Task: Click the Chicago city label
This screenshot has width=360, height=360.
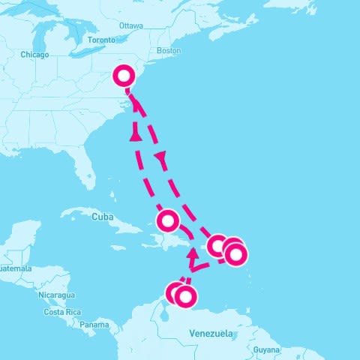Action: tap(34, 55)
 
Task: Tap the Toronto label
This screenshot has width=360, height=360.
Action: tap(101, 39)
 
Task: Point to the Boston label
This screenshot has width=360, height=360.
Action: tap(169, 51)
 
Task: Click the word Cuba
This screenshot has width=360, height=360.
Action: tap(101, 217)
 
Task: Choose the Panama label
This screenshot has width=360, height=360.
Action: tap(94, 325)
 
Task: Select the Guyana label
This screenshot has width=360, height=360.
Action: tap(266, 349)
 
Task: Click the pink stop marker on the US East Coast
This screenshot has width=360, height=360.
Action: tap(124, 75)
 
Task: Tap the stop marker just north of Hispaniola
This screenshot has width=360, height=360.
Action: tap(167, 220)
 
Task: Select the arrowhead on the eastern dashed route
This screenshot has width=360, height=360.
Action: tap(160, 157)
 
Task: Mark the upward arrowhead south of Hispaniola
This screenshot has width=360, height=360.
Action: tap(193, 253)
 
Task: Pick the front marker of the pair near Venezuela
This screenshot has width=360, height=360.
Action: tap(184, 296)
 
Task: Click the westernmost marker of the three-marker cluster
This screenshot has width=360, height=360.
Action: tap(217, 244)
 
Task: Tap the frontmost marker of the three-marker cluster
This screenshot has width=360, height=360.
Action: tap(235, 255)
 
